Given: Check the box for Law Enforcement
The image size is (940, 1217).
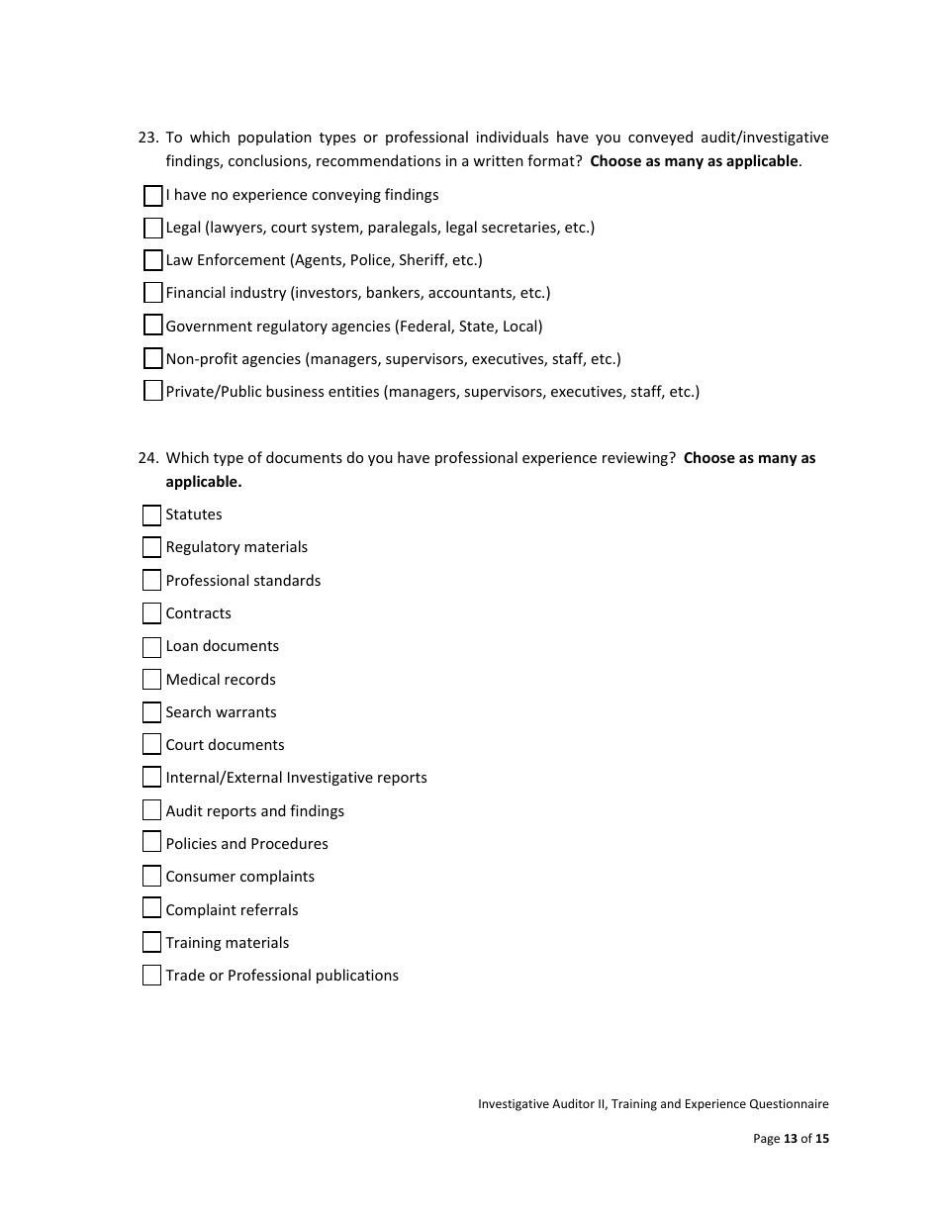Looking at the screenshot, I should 152,261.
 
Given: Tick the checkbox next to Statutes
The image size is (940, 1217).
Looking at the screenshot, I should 151,515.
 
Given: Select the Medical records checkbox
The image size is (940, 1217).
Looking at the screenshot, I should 151,680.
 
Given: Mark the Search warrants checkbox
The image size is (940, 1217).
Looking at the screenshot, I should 151,712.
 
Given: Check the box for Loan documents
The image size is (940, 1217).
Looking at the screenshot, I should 151,647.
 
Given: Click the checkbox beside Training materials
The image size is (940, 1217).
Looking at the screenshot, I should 151,943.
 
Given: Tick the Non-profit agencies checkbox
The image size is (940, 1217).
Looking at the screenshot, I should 152,359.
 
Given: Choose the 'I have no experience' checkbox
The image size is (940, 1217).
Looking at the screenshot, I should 152,196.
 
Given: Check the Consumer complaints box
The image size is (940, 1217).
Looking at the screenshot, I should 151,877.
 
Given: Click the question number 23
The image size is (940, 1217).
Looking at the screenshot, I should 147,138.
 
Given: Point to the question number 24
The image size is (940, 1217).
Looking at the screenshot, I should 147,458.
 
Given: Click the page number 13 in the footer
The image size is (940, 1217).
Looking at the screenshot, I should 791,1139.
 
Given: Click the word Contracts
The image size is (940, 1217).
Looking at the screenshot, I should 198,613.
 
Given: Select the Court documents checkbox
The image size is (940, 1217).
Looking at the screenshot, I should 151,745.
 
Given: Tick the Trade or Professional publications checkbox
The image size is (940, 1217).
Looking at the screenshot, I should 151,976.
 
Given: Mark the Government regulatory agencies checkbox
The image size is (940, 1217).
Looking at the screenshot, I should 152,327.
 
